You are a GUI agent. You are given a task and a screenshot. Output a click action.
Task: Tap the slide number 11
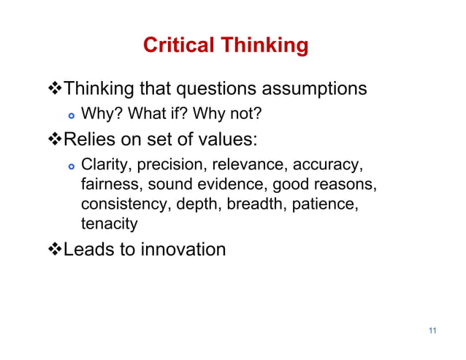click(x=432, y=332)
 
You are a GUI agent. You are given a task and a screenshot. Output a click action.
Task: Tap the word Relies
click(x=86, y=139)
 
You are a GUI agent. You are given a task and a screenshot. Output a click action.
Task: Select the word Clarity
click(x=103, y=165)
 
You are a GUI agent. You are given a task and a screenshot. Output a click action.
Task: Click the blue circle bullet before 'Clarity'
click(x=70, y=166)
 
